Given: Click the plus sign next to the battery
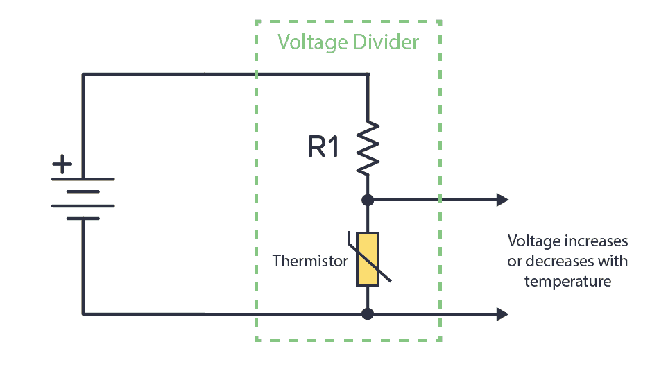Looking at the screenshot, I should [62, 165].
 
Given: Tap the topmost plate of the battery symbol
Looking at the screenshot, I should [83, 179].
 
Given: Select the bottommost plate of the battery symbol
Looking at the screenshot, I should [83, 218].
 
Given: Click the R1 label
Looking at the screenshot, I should [323, 147].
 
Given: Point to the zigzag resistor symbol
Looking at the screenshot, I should [368, 148].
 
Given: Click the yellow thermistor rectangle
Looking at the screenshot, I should [368, 259].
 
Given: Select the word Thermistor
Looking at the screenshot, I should [309, 261].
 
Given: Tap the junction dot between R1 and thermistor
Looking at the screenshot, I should [368, 200].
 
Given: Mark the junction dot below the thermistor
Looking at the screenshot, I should [368, 314].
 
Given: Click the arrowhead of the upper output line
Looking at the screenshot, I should [502, 200].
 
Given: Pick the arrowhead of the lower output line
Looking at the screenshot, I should [502, 314].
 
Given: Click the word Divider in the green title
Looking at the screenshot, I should [386, 42].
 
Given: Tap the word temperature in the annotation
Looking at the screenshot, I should [567, 281].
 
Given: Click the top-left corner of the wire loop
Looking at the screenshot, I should [83, 74].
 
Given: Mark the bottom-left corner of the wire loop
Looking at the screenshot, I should [83, 314].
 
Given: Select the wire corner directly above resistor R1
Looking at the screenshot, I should [368, 74].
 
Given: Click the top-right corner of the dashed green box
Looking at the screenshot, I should [440, 22].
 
